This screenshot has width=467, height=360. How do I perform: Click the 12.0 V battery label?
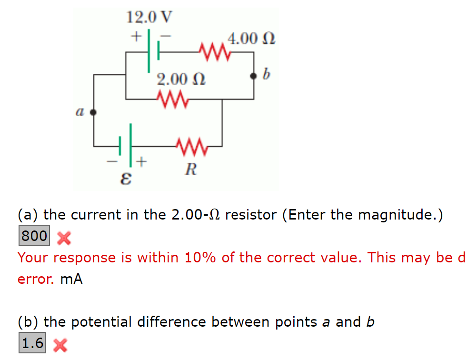click(x=149, y=18)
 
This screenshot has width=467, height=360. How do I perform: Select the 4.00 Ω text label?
click(x=252, y=38)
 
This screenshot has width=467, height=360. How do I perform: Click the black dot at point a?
click(x=93, y=112)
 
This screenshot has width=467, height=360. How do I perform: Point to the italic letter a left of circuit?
click(x=79, y=112)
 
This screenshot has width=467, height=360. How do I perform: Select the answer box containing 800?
click(x=34, y=236)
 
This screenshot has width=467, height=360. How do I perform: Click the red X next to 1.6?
click(x=59, y=345)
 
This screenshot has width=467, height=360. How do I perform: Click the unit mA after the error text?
click(x=72, y=280)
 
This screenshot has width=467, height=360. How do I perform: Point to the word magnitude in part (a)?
click(x=396, y=215)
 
